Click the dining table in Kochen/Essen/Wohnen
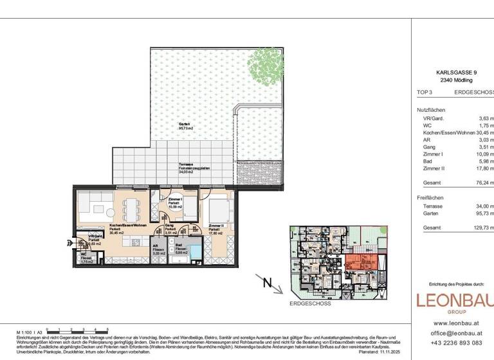131,208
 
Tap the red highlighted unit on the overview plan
361,263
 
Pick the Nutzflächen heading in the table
431,110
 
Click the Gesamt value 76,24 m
483,183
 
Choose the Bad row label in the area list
427,161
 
